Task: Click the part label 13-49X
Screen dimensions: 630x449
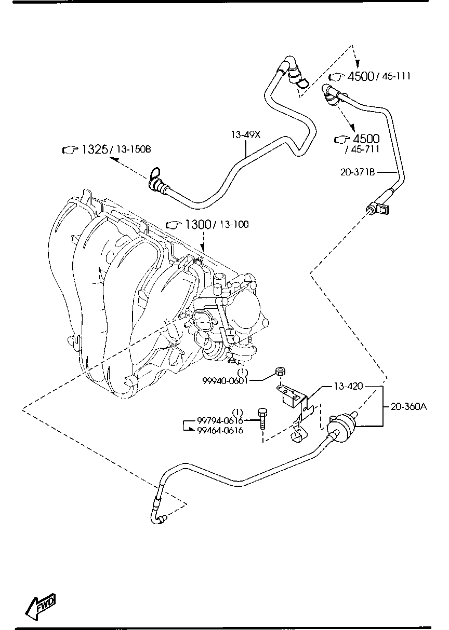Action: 245,135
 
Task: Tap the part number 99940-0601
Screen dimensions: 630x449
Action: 226,381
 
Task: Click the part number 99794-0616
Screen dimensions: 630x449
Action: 220,421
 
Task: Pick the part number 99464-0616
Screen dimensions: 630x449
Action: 220,431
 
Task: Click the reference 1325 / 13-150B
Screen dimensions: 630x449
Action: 107,150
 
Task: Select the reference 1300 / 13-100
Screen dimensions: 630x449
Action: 207,225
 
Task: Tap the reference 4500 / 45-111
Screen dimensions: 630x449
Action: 370,77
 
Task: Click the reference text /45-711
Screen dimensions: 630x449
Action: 362,149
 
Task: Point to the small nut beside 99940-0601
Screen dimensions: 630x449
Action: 280,372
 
